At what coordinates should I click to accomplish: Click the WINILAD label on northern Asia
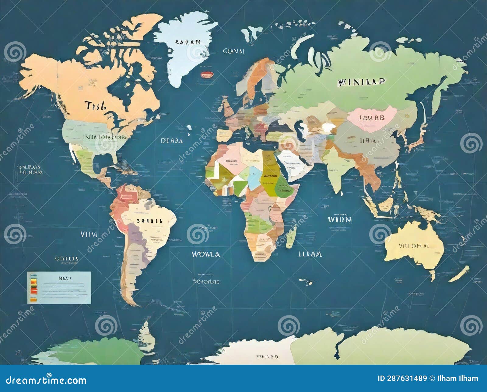tap(361, 82)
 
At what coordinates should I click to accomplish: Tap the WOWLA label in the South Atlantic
tap(205, 254)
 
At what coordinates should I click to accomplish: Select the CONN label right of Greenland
tap(233, 51)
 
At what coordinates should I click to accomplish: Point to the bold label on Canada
tap(95, 106)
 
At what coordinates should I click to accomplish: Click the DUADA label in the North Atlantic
tap(172, 141)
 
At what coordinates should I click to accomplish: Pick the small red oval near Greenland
tap(207, 74)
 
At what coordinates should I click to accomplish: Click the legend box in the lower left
tap(59, 287)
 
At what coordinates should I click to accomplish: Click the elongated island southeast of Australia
tap(459, 274)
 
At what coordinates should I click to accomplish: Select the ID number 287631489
tap(402, 378)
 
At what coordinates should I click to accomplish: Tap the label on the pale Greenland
tap(188, 42)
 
